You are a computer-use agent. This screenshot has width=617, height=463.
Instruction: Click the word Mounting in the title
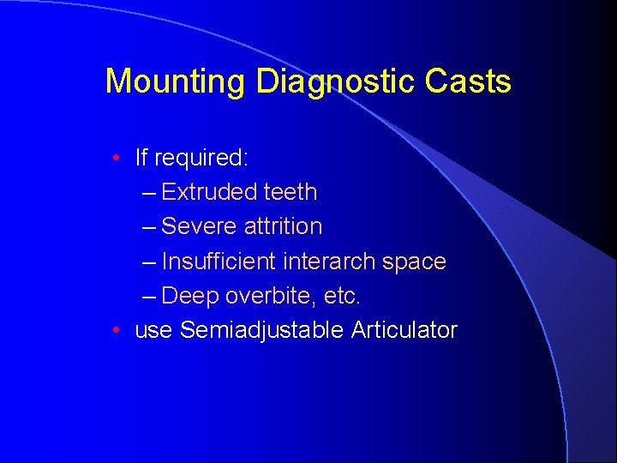(x=175, y=82)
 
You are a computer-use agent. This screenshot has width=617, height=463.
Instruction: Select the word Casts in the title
(x=469, y=82)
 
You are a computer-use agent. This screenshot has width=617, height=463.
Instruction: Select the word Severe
(x=200, y=226)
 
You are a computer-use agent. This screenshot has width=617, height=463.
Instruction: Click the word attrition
(x=284, y=226)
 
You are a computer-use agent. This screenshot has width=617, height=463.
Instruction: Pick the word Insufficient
(x=219, y=261)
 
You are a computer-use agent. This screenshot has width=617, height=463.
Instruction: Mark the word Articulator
(x=404, y=330)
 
